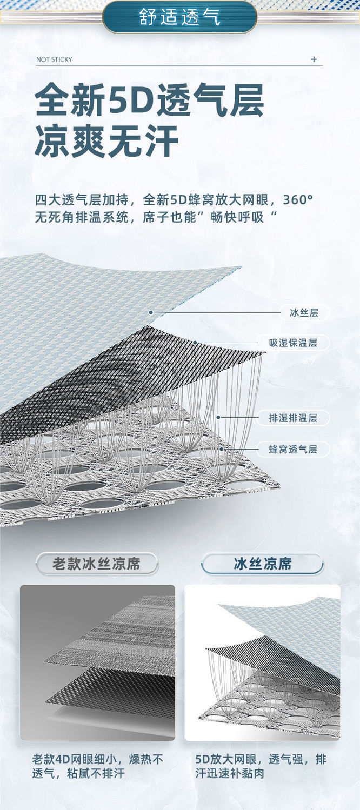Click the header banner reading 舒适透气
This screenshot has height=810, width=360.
(179, 17)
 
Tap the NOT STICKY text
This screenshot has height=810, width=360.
(54, 59)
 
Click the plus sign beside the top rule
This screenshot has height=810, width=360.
(314, 59)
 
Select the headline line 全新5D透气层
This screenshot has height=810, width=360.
(149, 100)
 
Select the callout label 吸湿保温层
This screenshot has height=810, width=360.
(293, 343)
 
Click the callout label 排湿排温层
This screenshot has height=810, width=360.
(293, 418)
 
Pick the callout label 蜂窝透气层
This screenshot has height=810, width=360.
(293, 449)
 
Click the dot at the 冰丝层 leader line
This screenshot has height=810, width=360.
(151, 312)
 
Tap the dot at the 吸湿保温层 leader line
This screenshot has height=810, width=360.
(195, 342)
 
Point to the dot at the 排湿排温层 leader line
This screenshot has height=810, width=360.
(218, 417)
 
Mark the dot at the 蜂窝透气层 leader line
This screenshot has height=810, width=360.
(222, 448)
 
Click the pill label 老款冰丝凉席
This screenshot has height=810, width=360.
(97, 564)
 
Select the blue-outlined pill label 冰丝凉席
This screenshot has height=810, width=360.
(263, 564)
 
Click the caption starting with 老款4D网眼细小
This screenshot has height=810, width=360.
(97, 766)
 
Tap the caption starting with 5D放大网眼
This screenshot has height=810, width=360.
(261, 766)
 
